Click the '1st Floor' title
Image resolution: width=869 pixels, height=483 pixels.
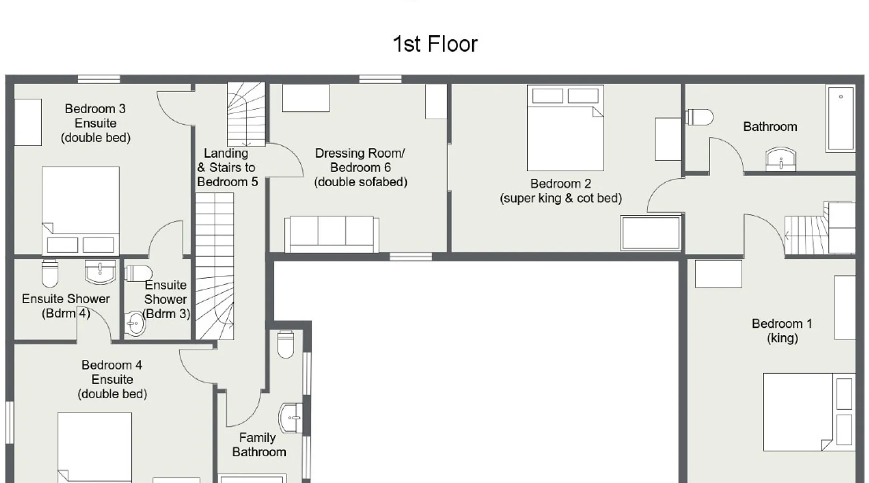[x=435, y=44]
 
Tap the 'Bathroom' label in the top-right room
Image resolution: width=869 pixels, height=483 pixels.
[x=770, y=127]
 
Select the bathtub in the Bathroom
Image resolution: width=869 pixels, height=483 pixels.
[x=841, y=118]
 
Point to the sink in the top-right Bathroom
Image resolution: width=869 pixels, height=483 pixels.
[x=781, y=159]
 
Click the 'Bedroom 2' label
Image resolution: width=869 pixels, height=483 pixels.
[x=561, y=184]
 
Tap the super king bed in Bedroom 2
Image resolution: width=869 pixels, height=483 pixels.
[x=565, y=128]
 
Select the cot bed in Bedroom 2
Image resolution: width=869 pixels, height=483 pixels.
[x=651, y=233]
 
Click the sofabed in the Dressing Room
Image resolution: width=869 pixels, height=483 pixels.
[x=332, y=234]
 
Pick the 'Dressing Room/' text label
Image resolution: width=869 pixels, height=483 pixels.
[x=360, y=153]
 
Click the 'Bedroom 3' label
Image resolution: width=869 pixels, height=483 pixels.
[x=95, y=109]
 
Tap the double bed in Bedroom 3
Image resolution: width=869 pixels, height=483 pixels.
[x=81, y=211]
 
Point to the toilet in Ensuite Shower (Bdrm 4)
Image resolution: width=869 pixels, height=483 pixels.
[x=50, y=274]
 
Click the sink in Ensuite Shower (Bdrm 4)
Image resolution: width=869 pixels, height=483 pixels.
[x=100, y=272]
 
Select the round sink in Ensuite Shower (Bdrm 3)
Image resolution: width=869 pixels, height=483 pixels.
[x=134, y=324]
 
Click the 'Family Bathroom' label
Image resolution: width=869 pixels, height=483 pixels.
[x=259, y=445]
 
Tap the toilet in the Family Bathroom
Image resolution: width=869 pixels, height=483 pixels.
[x=286, y=344]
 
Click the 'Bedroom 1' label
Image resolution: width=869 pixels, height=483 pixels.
[x=782, y=324]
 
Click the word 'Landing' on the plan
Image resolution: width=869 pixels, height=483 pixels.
[x=226, y=153]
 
